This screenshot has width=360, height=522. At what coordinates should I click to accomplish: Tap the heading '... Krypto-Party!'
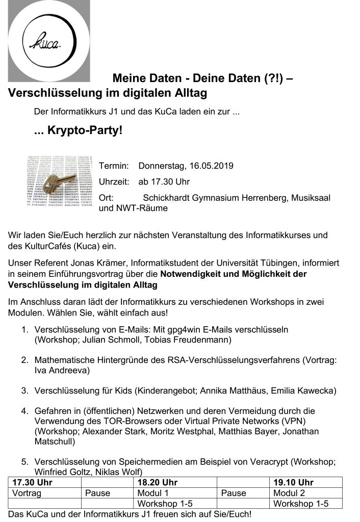79,130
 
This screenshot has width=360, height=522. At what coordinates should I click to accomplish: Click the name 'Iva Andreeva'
62,370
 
